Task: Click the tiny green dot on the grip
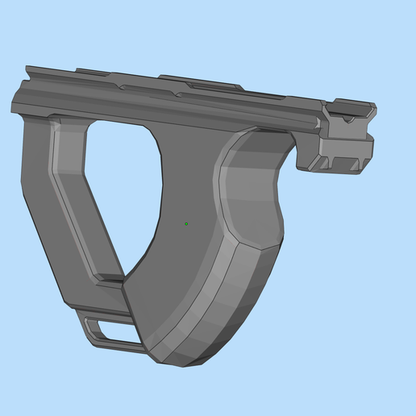click(x=186, y=223)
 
